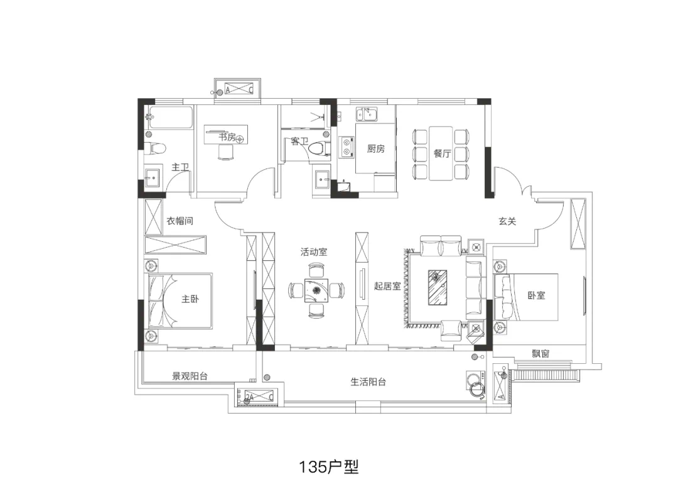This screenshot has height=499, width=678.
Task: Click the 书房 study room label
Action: [x=227, y=137]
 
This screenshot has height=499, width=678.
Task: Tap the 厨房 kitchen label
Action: [x=376, y=148]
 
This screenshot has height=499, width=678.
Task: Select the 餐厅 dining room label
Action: [x=443, y=153]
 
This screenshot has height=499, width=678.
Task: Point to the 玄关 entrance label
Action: [x=507, y=221]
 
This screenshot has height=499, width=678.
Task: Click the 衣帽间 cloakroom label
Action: [x=180, y=221]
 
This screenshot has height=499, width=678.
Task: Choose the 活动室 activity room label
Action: [x=314, y=251]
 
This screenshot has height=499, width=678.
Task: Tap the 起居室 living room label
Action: [x=387, y=286]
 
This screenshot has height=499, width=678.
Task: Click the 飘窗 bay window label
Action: [x=541, y=354]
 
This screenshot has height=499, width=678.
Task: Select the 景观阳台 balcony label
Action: [x=190, y=376]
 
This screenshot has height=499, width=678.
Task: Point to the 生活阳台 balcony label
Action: [x=368, y=381]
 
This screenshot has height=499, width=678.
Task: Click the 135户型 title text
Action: [x=329, y=467]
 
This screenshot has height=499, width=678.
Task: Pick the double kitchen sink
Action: [x=366, y=114]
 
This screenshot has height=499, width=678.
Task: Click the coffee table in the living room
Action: [x=438, y=287]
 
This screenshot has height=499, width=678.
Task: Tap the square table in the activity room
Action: [x=316, y=290]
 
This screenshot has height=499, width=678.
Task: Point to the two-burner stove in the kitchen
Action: [x=347, y=146]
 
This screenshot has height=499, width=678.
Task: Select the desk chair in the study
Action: [x=226, y=152]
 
